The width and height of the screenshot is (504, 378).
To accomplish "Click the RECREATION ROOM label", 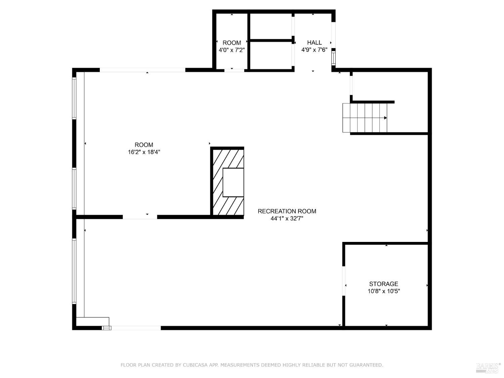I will coord(287,211).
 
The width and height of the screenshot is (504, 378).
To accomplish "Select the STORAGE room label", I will coord(383,284).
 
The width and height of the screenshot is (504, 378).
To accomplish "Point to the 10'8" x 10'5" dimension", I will coord(383,291).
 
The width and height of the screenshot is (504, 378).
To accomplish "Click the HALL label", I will coord(314,43).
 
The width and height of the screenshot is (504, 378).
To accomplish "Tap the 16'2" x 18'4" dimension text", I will coord(144,152).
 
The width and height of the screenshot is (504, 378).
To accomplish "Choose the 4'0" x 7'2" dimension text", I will coord(232,50).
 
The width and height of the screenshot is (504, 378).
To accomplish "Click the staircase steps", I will coord(365,118).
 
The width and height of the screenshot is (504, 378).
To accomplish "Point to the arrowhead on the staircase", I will coord(385,118).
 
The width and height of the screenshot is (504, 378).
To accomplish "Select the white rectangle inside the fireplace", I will coord(233,182).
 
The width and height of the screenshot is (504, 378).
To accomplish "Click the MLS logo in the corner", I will coord(488,368).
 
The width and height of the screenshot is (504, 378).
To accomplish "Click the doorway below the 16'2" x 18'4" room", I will coord(140,217).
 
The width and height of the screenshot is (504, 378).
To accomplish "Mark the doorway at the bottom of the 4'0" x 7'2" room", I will coord(234,70).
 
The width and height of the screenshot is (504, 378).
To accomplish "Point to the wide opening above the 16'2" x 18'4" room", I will coord(142,70).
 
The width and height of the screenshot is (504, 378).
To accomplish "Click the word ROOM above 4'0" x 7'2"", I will coord(232,43).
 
